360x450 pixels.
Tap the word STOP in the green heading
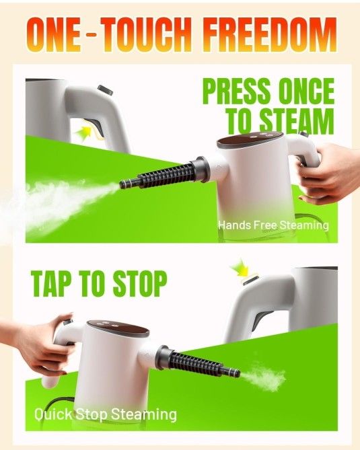click(x=132, y=284)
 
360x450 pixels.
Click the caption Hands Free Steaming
click(x=273, y=225)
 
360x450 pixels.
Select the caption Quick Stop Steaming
click(x=106, y=414)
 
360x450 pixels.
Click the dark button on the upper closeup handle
click(x=104, y=89)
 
